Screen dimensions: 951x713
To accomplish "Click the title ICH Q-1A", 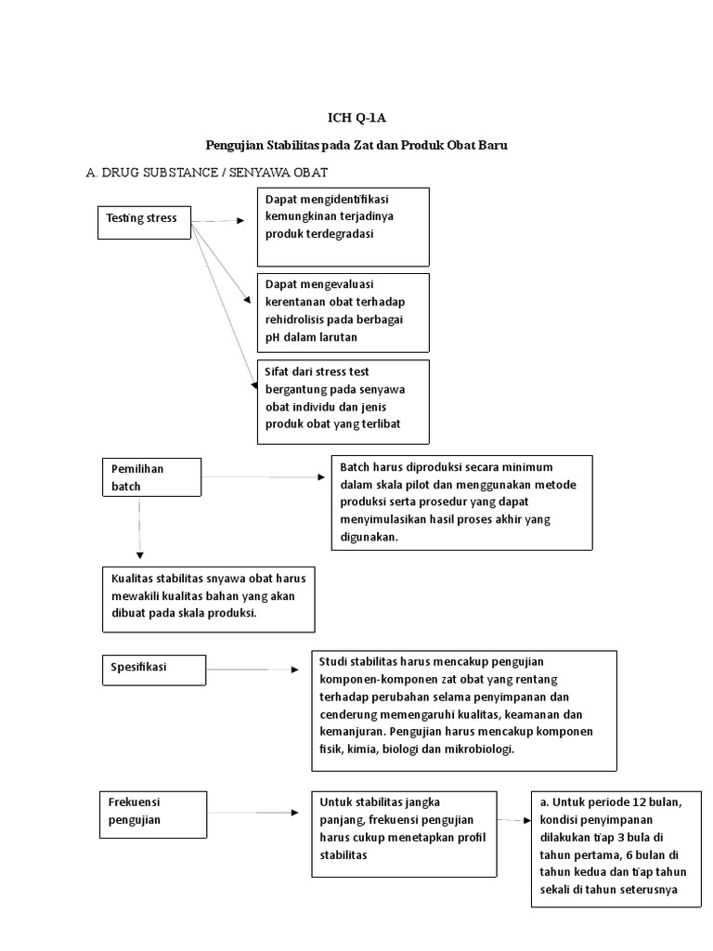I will point(356,118).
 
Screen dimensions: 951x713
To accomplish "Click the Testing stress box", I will point(144,220).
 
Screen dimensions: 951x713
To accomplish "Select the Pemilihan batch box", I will point(150,477).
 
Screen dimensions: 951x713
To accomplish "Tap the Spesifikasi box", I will point(150,667).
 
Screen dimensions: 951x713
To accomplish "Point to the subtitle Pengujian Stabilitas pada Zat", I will point(356,146).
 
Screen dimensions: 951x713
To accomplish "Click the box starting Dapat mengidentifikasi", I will point(343,227).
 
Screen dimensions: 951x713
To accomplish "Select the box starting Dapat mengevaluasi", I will point(343,311).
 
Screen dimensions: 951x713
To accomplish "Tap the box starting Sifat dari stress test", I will point(343,401).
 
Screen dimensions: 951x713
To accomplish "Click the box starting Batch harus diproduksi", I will point(460,502).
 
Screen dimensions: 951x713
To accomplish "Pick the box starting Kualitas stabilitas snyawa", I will point(209,598).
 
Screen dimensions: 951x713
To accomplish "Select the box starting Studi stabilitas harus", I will point(463,710).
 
